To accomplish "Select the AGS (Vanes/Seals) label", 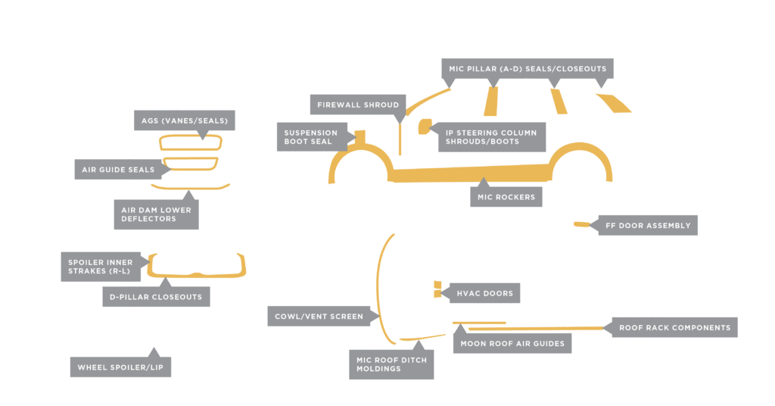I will coord(184,120).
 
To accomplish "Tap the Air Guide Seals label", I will coord(117,170).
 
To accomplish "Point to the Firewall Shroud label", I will coord(357,104).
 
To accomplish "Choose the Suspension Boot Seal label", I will coord(312,137).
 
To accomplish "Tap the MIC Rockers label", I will coord(506,197).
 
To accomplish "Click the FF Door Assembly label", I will coord(647,226).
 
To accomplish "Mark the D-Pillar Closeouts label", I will coord(155,297).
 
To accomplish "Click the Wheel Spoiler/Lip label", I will coord(124,369).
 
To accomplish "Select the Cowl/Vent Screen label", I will coord(319,316).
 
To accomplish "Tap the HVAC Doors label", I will coord(484,293).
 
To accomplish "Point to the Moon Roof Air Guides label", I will coord(511,343).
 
